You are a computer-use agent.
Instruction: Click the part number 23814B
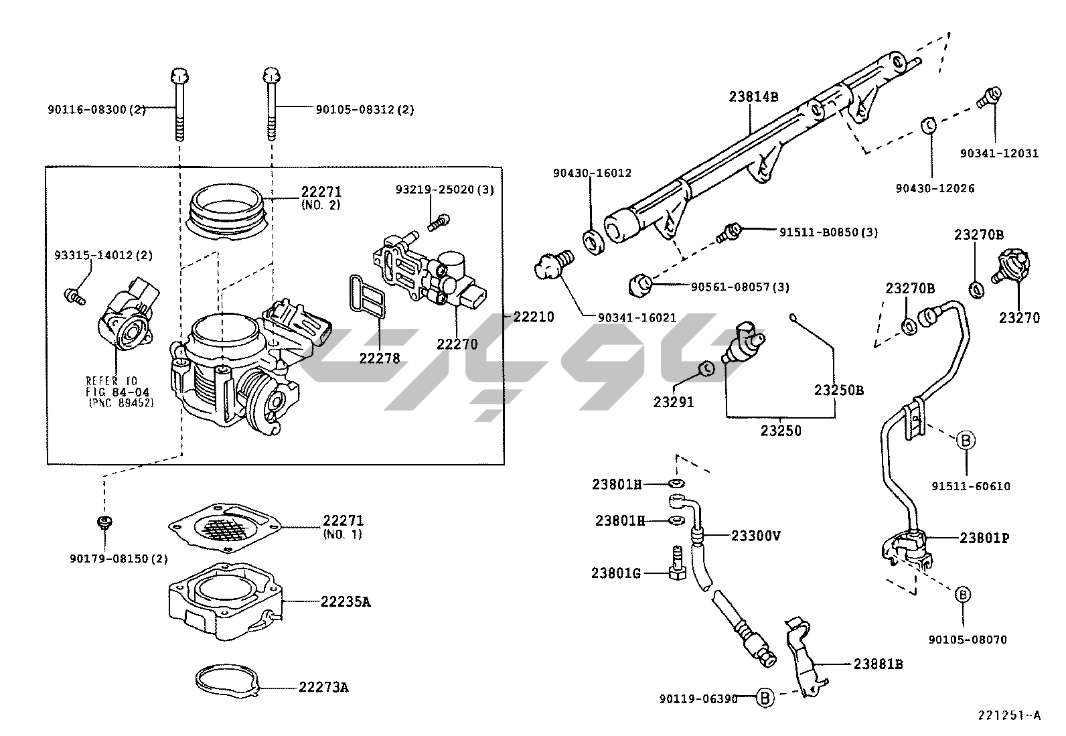pos(753,96)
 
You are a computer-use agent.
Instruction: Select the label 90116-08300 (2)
pos(96,109)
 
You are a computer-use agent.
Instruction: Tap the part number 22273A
pos(323,687)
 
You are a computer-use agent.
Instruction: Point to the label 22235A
pos(346,601)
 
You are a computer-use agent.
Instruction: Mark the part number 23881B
pos(878,664)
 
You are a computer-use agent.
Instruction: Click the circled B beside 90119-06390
pos(765,698)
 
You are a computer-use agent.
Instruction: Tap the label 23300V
pos(756,536)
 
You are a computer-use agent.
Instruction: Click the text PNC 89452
pos(121,402)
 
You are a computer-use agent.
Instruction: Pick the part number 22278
pos(379,358)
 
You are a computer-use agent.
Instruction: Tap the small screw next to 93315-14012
pos(74,296)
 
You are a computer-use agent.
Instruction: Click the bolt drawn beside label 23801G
pos(676,563)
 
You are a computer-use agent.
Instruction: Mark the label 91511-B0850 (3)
pos(828,232)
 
